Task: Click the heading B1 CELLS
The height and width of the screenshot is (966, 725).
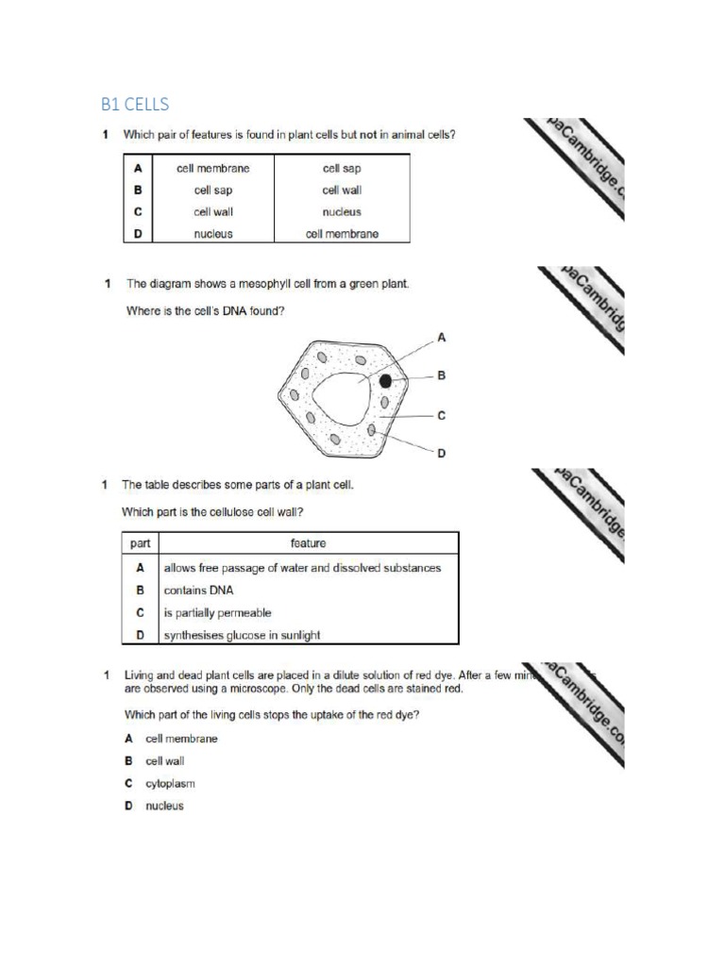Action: pos(135,103)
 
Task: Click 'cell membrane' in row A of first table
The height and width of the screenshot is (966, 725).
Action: pos(213,168)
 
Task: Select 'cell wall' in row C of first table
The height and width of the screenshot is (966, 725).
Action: pos(213,212)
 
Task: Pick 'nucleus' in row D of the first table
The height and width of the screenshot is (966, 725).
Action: pos(213,234)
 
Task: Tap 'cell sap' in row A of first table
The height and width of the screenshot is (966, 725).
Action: pos(342,168)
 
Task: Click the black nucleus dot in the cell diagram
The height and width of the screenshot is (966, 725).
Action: pos(385,382)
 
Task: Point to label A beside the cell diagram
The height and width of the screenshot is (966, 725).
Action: pos(441,336)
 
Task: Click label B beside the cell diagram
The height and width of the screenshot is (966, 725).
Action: pos(441,375)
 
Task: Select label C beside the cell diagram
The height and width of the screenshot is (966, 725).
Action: pos(441,415)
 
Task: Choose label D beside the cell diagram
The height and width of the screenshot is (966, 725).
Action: pos(441,454)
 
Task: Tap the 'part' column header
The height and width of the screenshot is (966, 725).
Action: pos(140,543)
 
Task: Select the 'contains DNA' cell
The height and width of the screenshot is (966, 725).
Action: pos(198,590)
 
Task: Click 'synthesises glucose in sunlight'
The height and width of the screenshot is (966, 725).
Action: pos(242,635)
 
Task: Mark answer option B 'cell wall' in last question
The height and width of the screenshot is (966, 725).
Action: pos(164,761)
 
